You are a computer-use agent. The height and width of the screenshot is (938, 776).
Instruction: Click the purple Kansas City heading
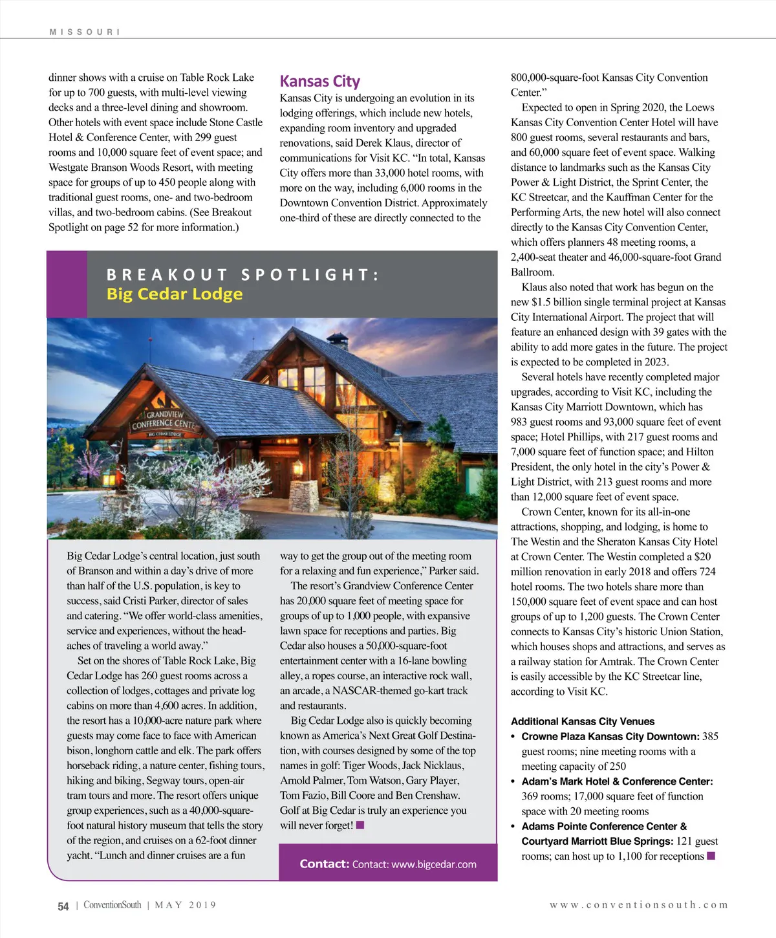(x=319, y=82)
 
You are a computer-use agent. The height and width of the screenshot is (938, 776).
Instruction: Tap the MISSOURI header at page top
(x=84, y=32)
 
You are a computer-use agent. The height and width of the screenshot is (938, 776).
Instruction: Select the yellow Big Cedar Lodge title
(x=175, y=294)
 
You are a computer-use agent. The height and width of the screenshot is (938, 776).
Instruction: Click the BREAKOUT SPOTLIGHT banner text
(x=242, y=275)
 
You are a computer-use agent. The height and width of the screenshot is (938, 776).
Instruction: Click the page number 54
(x=63, y=906)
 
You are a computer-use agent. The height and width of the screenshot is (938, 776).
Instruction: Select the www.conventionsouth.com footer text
(x=639, y=905)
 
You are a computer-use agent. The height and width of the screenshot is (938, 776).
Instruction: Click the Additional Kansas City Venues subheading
(x=582, y=721)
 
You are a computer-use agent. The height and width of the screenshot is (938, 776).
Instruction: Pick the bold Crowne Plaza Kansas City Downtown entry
(x=610, y=736)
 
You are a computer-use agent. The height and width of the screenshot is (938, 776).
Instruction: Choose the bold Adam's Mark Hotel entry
(x=617, y=781)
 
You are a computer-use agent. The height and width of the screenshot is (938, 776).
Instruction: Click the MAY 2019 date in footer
(x=186, y=905)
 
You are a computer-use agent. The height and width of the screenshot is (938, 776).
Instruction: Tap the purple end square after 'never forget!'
(x=360, y=825)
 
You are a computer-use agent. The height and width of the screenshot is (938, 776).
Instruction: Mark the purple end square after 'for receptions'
(x=711, y=856)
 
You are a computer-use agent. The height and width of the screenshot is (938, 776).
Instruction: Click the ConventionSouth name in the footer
(x=112, y=905)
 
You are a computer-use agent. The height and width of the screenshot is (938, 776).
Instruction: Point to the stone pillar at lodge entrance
(x=302, y=496)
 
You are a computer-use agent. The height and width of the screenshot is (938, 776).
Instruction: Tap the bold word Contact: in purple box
(x=324, y=864)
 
